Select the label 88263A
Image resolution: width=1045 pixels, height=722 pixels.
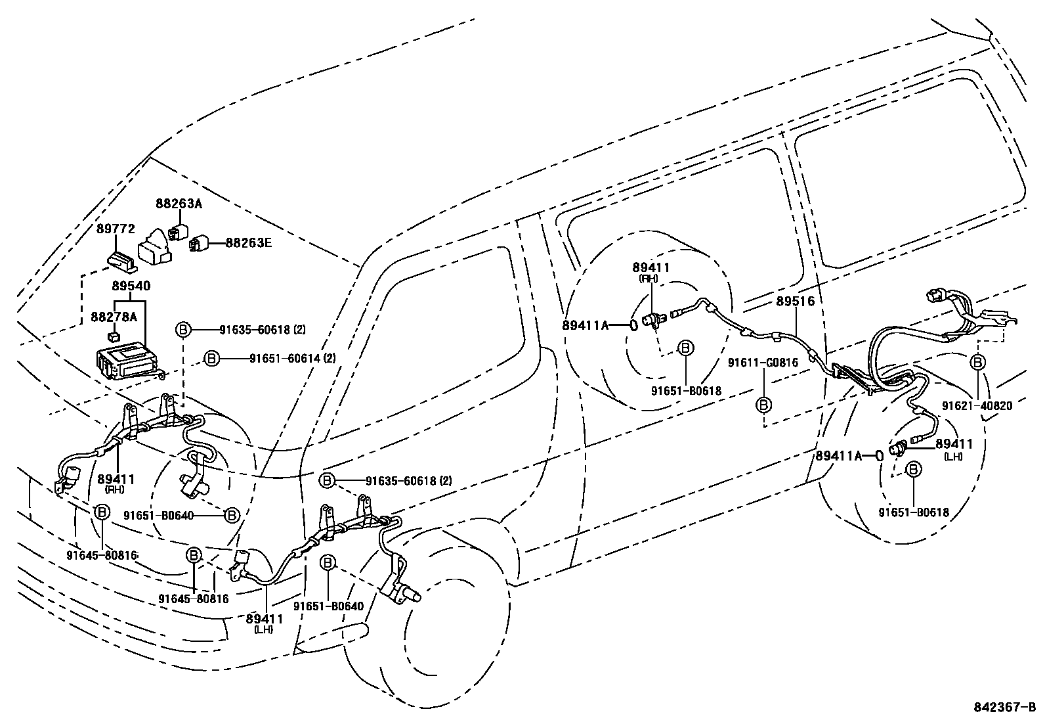coord(179,204)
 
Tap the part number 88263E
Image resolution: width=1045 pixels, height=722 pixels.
coord(249,243)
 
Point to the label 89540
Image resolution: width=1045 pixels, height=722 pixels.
coord(131,286)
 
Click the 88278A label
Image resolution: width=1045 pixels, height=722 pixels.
coord(114,317)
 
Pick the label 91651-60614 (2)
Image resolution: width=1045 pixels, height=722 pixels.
coord(293,358)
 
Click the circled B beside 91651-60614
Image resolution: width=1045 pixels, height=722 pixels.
coord(211,358)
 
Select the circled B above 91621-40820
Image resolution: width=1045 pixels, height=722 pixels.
coord(977,362)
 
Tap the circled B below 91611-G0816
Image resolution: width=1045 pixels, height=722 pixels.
coord(763,405)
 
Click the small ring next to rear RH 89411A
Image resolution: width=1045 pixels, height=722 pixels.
coord(634,325)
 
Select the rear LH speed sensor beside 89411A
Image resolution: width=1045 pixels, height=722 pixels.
coord(897,449)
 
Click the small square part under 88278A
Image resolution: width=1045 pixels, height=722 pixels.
coord(115,336)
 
